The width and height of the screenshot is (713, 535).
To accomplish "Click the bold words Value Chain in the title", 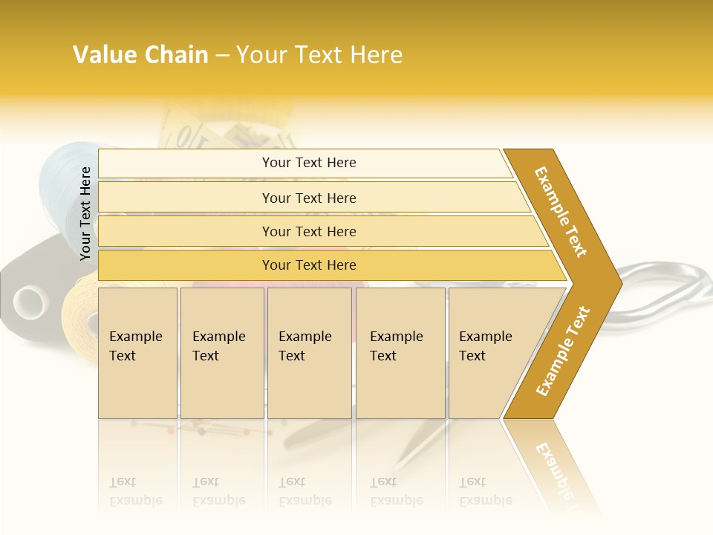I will click(140, 55).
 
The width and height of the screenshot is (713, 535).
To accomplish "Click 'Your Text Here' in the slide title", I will click(319, 55).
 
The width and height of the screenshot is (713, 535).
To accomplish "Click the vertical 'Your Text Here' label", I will click(85, 214).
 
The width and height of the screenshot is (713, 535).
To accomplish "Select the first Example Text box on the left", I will click(137, 353).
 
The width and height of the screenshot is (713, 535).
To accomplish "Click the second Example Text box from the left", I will click(222, 353).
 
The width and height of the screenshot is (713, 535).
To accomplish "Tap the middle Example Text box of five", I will click(309, 353).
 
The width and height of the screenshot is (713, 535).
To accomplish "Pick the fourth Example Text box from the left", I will click(400, 353).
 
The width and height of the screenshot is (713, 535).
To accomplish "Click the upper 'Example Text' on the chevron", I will click(561, 212).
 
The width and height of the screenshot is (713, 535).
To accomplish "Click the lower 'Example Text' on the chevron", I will click(563, 351).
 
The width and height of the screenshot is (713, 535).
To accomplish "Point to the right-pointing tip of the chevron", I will click(619, 283).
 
